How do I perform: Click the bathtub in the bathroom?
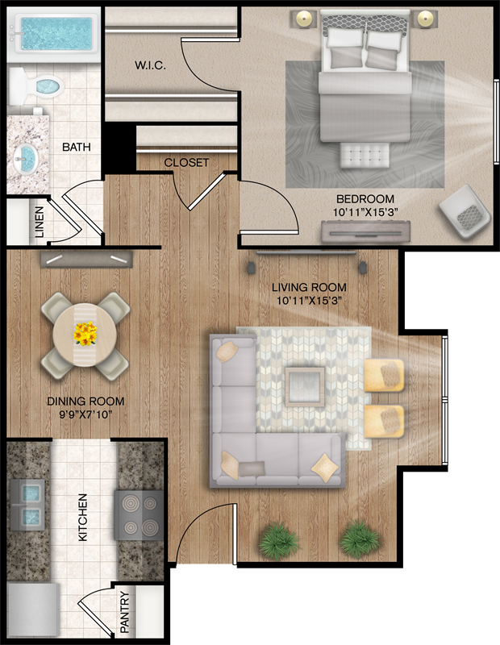click(53, 34)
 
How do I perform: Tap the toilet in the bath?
click(36, 86)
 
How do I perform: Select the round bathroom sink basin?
click(26, 158)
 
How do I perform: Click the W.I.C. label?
click(150, 65)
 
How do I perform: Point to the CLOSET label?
click(186, 163)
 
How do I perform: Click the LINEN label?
click(39, 223)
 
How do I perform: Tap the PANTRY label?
click(125, 612)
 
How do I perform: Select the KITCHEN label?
click(83, 518)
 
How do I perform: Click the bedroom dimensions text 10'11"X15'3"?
click(365, 212)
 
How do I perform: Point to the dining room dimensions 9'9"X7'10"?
click(85, 414)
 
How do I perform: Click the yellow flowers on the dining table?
click(85, 334)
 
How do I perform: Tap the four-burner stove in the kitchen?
click(138, 514)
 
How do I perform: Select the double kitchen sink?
click(27, 505)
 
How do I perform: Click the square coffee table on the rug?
click(305, 387)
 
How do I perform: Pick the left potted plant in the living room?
click(278, 539)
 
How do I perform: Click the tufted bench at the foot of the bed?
click(365, 155)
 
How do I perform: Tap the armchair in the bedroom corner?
click(465, 211)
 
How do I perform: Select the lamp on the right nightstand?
click(425, 18)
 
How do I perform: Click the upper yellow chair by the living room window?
click(384, 375)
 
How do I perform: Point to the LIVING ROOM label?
click(309, 287)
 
